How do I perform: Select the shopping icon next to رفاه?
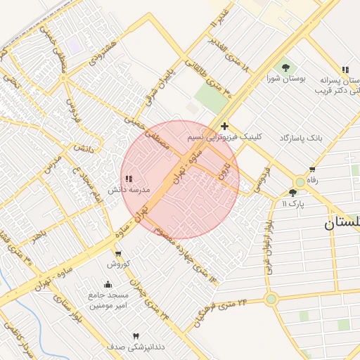312,169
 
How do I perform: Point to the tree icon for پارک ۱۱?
292,193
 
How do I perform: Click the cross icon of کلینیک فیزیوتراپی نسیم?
224,127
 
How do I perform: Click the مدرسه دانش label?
126,190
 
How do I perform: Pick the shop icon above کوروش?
117,253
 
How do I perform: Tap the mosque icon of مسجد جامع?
107,284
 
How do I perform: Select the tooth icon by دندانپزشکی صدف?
136,336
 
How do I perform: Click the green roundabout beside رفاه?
300,181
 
